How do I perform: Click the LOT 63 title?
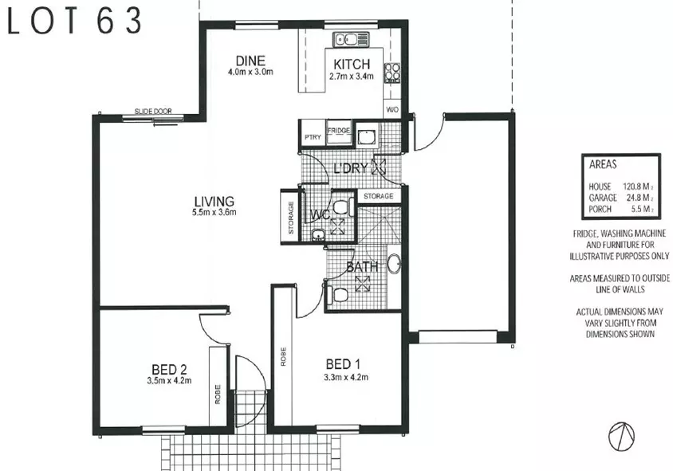coord(76,22)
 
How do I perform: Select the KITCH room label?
coord(351,65)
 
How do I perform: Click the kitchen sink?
coord(349,38)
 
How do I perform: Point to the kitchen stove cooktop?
coord(392,73)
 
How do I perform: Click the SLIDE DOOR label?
coord(152,112)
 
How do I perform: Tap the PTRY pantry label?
coord(312,137)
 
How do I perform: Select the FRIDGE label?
coord(338,130)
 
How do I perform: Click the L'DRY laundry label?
coord(351,168)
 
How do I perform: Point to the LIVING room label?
coord(214,200)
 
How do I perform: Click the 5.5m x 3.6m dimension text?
coord(214,213)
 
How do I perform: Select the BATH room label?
coord(361,268)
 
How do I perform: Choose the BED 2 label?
coord(169,369)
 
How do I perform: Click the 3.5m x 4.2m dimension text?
coord(169,381)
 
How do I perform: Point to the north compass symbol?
coord(620,435)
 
